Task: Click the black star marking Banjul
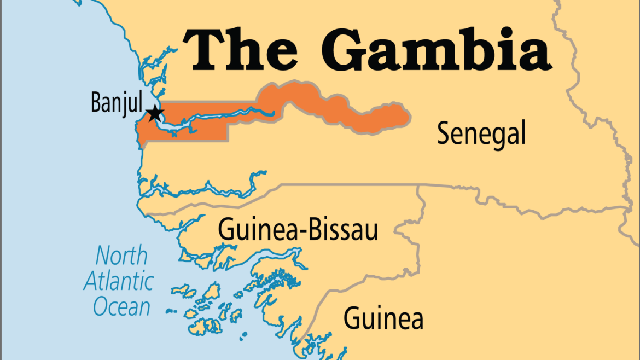pyautogui.click(x=156, y=114)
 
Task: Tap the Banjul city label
pyautogui.click(x=117, y=102)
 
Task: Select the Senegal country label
pyautogui.click(x=481, y=134)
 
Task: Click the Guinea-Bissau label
pyautogui.click(x=298, y=230)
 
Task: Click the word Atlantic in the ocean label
pyautogui.click(x=118, y=281)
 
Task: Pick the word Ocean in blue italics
pyautogui.click(x=121, y=307)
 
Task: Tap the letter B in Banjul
pyautogui.click(x=96, y=102)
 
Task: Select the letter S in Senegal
pyautogui.click(x=444, y=134)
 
